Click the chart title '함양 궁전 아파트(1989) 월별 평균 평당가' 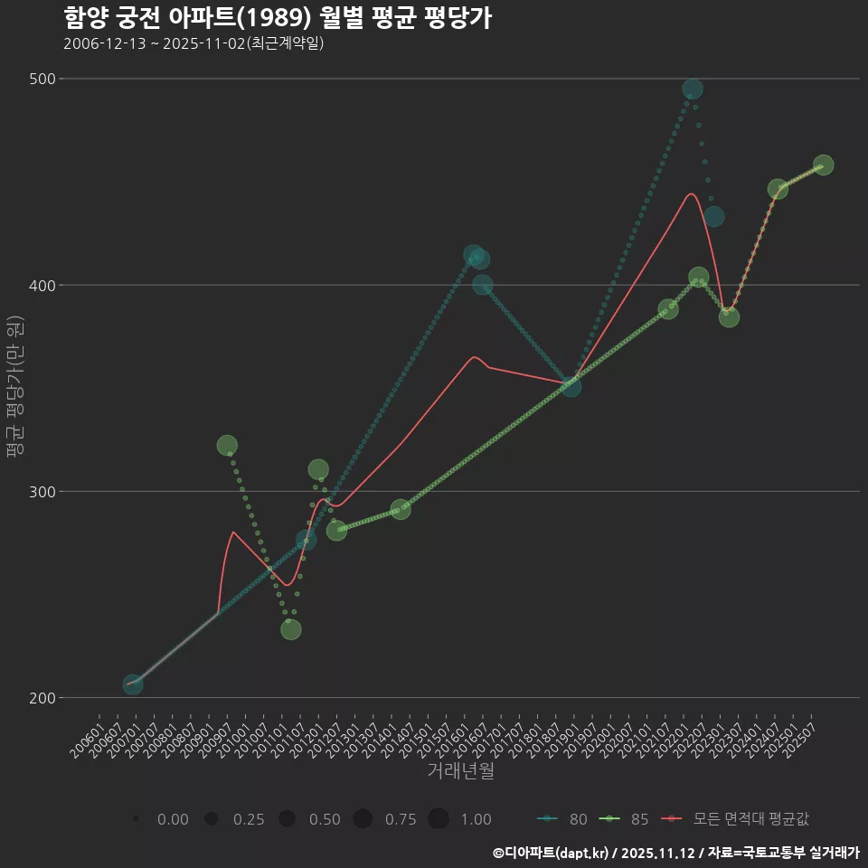coord(278,18)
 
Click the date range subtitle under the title coord(193,43)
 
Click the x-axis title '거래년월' coord(460,771)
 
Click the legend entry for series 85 coord(625,819)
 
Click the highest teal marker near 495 coord(693,90)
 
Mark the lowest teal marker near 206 coord(133,684)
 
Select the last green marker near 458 coord(823,165)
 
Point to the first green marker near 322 coord(227,445)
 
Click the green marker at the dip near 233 coord(290,629)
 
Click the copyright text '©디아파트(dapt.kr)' coord(552,853)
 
